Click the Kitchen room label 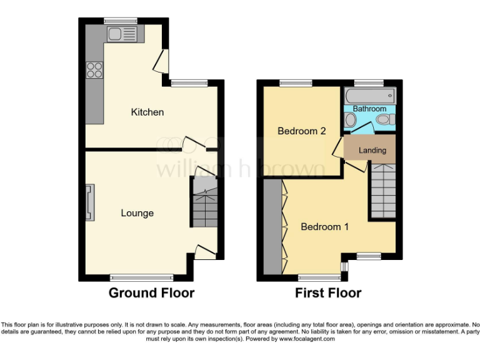(x=147, y=112)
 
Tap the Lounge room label (x=137, y=213)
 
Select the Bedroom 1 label (x=324, y=227)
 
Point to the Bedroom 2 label (x=302, y=131)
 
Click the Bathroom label (x=369, y=109)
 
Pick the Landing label (x=372, y=150)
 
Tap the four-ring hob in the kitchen (x=95, y=69)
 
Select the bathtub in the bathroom (x=370, y=96)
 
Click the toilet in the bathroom (x=384, y=119)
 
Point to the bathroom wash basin (x=350, y=121)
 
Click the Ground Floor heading (x=151, y=292)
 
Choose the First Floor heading (x=328, y=292)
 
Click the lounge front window (x=142, y=277)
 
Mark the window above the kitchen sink (x=121, y=21)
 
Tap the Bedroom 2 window (x=295, y=83)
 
